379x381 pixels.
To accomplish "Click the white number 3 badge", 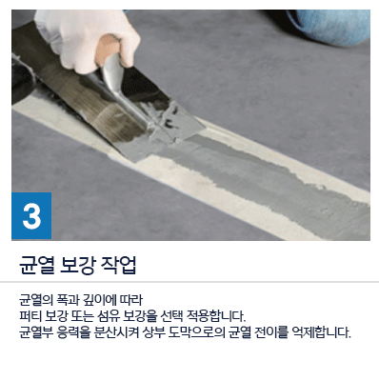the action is pyautogui.click(x=31, y=215).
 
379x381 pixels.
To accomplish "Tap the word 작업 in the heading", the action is pyautogui.click(x=118, y=265).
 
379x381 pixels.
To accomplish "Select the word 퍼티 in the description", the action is pyautogui.click(x=30, y=316).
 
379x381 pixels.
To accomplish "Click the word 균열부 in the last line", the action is pyautogui.click(x=35, y=333).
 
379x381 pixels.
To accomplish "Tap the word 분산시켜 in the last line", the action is pyautogui.click(x=116, y=333).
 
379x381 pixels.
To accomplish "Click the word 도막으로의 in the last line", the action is pyautogui.click(x=197, y=333).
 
